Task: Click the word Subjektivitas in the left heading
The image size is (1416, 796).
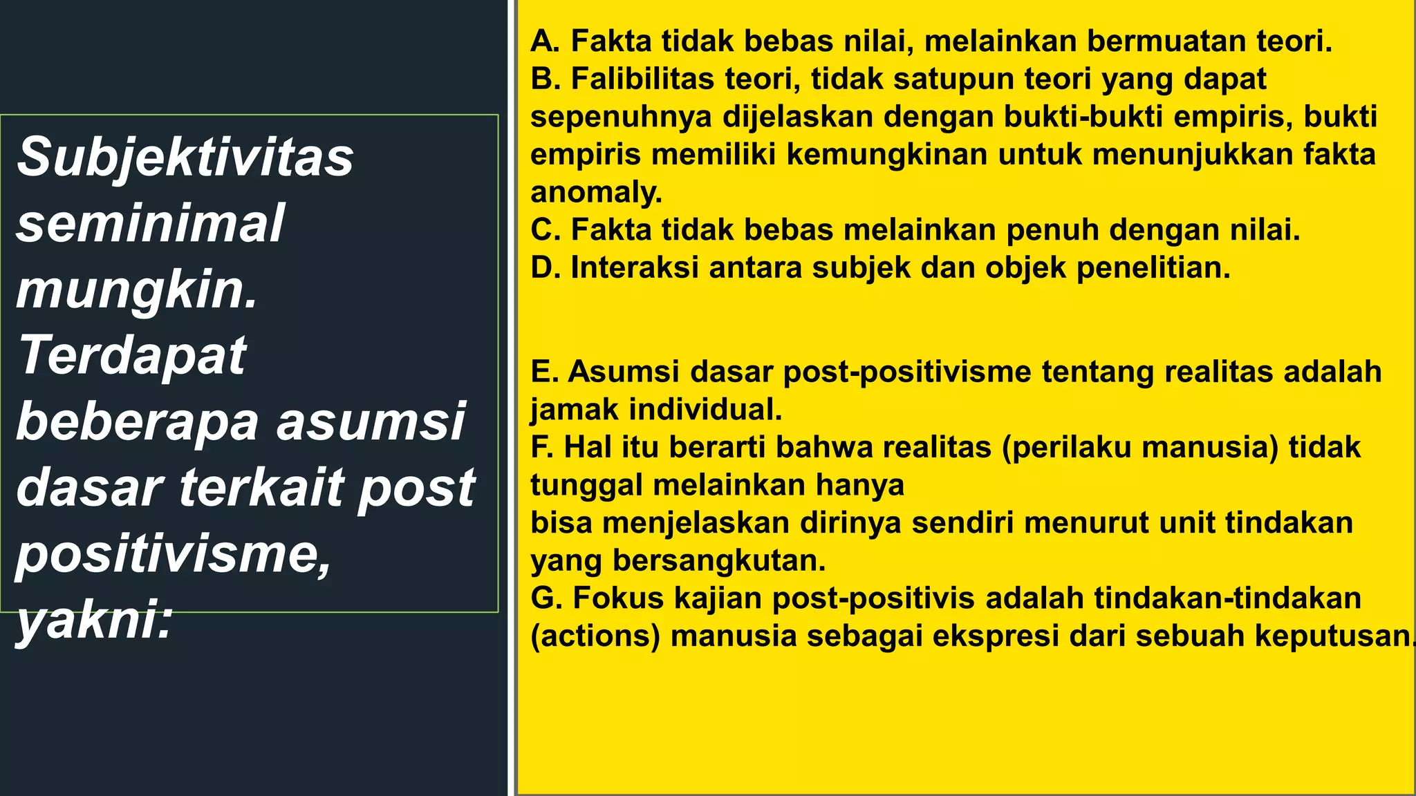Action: pyautogui.click(x=185, y=158)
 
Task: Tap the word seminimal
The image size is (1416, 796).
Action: pyautogui.click(x=149, y=223)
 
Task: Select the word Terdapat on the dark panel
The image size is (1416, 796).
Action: pyautogui.click(x=132, y=355)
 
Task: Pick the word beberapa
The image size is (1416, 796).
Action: pyautogui.click(x=138, y=421)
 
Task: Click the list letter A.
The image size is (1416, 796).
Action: pyautogui.click(x=545, y=41)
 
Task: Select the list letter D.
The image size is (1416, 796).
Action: pyautogui.click(x=545, y=268)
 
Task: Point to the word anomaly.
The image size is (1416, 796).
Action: pyautogui.click(x=596, y=192)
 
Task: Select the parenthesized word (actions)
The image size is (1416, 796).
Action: pyautogui.click(x=595, y=636)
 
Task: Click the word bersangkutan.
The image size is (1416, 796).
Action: pyautogui.click(x=719, y=560)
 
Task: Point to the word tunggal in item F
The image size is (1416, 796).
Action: pyautogui.click(x=586, y=485)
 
